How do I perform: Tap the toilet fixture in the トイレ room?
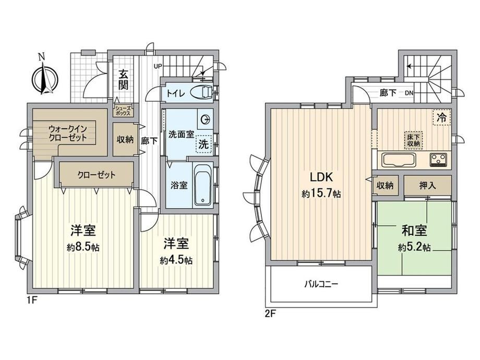coord(201,92)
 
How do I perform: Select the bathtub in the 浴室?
coord(202,185)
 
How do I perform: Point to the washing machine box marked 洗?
coord(203,144)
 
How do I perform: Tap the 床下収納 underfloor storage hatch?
coord(413,140)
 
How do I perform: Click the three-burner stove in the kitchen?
coord(439,160)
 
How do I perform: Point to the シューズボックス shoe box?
coord(123,111)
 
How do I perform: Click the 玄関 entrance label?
coord(123,80)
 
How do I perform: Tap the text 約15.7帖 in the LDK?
coord(321,194)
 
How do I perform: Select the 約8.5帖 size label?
coord(83,247)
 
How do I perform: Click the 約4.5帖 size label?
coord(176,260)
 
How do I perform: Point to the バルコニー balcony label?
coord(321,284)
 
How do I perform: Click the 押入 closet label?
coord(427,185)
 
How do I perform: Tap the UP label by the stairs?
coord(158,66)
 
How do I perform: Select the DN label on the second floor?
coord(409,92)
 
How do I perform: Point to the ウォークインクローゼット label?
coord(68,133)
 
